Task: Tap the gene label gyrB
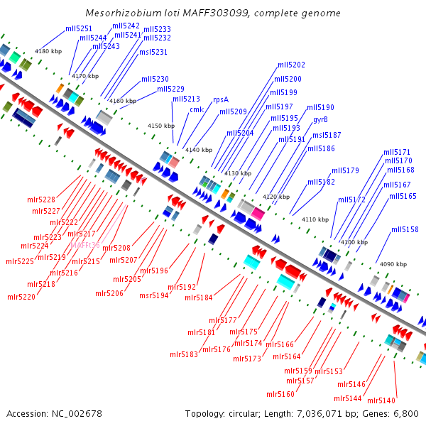pyautogui.click(x=320, y=119)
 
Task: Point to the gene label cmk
pyautogui.click(x=196, y=109)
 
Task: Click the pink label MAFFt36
pyautogui.click(x=85, y=246)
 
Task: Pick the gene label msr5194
pyautogui.click(x=153, y=295)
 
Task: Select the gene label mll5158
pyautogui.click(x=405, y=229)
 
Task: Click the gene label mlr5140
pyautogui.click(x=382, y=400)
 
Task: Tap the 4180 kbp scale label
pyautogui.click(x=48, y=51)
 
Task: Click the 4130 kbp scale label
pyautogui.click(x=238, y=173)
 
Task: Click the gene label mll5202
pyautogui.click(x=290, y=65)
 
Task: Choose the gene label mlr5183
pyautogui.click(x=184, y=354)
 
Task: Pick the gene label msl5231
pyautogui.click(x=153, y=52)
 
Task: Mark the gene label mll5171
pyautogui.click(x=397, y=152)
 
